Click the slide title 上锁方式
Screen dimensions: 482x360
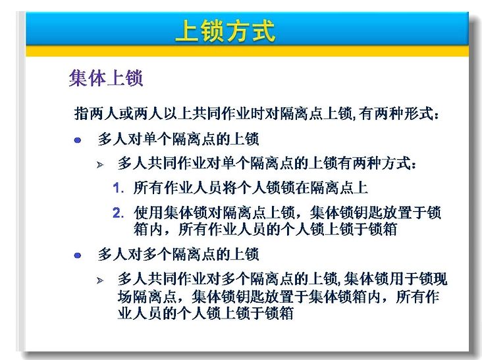pyautogui.click(x=225, y=31)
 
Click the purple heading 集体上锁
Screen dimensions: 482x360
pyautogui.click(x=106, y=78)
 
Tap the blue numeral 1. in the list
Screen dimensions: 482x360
pyautogui.click(x=119, y=188)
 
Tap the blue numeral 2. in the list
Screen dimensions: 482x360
pyautogui.click(x=119, y=213)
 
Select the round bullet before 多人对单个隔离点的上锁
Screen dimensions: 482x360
pyautogui.click(x=78, y=140)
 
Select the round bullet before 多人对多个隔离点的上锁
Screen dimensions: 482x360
pyautogui.click(x=78, y=255)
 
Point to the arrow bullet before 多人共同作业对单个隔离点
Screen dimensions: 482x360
pyautogui.click(x=100, y=165)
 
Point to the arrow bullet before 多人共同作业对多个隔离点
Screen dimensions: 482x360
pyautogui.click(x=100, y=280)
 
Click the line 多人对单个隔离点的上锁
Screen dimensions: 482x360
pyautogui.click(x=178, y=139)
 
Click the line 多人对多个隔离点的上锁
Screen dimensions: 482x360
pyautogui.click(x=178, y=254)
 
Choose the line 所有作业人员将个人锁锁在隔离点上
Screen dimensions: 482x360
pyautogui.click(x=250, y=188)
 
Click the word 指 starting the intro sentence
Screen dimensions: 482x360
pyautogui.click(x=82, y=114)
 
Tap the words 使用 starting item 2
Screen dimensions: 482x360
pyautogui.click(x=148, y=213)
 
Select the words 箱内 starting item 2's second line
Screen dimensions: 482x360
pyautogui.click(x=148, y=229)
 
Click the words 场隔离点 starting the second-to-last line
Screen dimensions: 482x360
pyautogui.click(x=147, y=297)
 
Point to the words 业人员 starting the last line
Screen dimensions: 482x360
pyautogui.click(x=140, y=313)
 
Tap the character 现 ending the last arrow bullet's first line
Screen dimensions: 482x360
pyautogui.click(x=440, y=279)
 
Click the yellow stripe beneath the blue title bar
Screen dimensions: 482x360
pyautogui.click(x=247, y=51)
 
